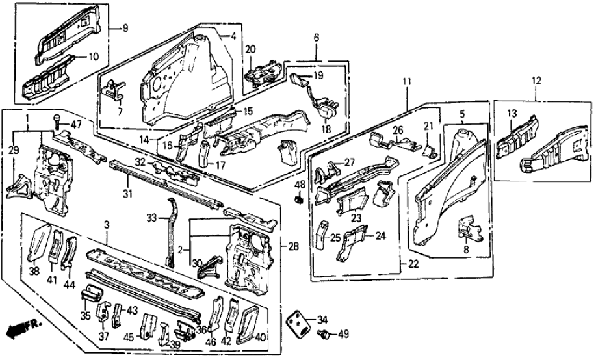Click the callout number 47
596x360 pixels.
click(x=77, y=124)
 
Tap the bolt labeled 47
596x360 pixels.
click(x=57, y=120)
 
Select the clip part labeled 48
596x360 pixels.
click(x=300, y=199)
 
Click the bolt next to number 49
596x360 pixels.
click(x=322, y=334)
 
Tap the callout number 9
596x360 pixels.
click(x=125, y=28)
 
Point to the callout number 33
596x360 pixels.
click(x=151, y=217)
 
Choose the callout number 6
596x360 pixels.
click(x=316, y=38)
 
